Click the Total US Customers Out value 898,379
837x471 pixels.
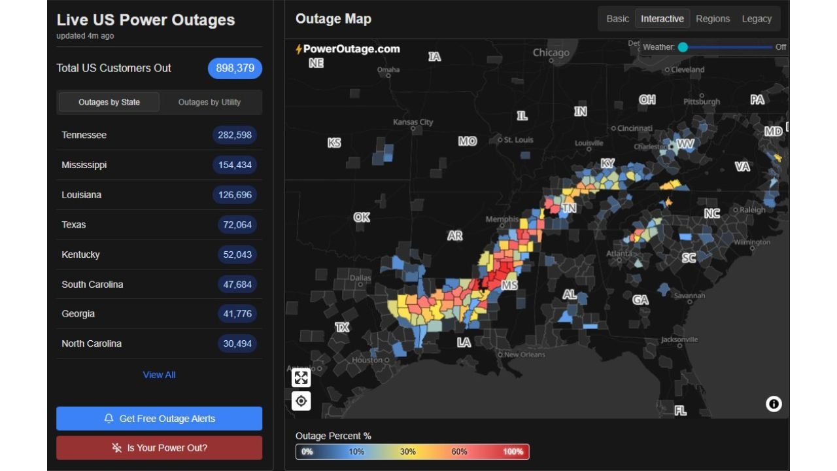235,68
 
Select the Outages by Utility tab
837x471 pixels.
209,102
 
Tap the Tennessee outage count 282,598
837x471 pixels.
235,135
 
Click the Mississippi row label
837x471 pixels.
84,165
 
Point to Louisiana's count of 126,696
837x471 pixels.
235,195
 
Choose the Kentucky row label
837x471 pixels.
80,254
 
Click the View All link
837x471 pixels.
159,375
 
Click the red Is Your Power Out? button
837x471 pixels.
159,448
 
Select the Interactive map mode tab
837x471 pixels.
662,19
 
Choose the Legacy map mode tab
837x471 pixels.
757,19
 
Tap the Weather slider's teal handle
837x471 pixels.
683,47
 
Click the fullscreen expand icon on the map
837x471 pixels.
301,377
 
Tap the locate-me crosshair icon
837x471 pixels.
301,401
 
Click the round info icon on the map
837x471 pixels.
774,404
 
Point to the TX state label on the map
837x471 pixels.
342,327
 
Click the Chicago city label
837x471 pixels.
551,52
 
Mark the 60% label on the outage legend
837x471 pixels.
459,451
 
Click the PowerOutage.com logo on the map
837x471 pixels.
348,49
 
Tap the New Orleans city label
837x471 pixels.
524,355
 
